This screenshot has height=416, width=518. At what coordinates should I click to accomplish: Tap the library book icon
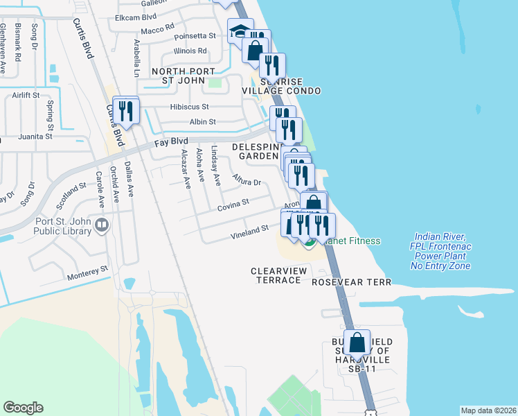pos(102,224)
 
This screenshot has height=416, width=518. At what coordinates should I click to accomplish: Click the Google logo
pos(23,408)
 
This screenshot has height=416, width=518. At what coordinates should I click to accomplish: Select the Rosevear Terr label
pos(352,282)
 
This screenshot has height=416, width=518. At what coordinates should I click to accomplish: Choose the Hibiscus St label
pos(189,107)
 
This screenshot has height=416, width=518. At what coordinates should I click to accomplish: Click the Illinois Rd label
pos(191,51)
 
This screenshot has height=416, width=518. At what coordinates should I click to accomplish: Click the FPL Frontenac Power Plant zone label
pos(440,251)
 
